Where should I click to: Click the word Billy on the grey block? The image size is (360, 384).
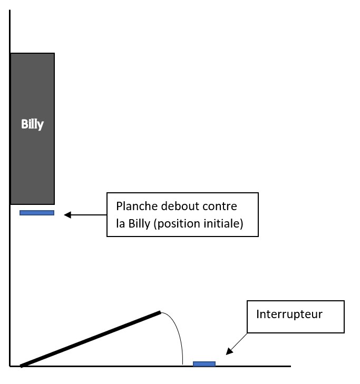[x=32, y=125]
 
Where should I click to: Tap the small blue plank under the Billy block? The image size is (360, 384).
[x=37, y=213]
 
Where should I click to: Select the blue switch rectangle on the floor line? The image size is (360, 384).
[x=204, y=363]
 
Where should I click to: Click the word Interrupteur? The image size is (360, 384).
[x=289, y=314]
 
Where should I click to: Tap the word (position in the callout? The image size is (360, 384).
[x=171, y=223]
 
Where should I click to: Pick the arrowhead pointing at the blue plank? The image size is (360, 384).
[x=66, y=214]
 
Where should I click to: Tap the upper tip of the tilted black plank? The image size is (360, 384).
[x=159, y=312]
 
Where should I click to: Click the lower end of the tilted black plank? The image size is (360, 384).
[x=22, y=365]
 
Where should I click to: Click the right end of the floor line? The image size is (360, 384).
[x=290, y=366]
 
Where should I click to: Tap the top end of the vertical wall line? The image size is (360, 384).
[x=10, y=11]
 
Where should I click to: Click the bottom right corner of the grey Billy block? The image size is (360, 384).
[x=54, y=204]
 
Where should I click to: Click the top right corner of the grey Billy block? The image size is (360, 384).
[x=54, y=53]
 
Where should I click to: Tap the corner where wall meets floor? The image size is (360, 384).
[x=10, y=366]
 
